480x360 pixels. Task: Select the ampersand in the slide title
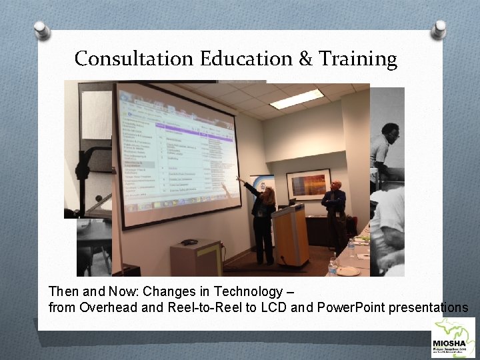click(x=305, y=59)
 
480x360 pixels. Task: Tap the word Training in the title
click(x=357, y=59)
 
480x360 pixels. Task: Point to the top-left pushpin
click(x=42, y=30)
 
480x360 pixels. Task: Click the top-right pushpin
click(x=438, y=28)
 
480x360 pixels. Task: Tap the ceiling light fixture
click(x=296, y=99)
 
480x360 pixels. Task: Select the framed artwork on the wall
click(x=308, y=184)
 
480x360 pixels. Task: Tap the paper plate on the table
click(x=348, y=271)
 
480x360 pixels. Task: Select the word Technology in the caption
click(x=254, y=292)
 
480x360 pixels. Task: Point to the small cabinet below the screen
click(x=195, y=257)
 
